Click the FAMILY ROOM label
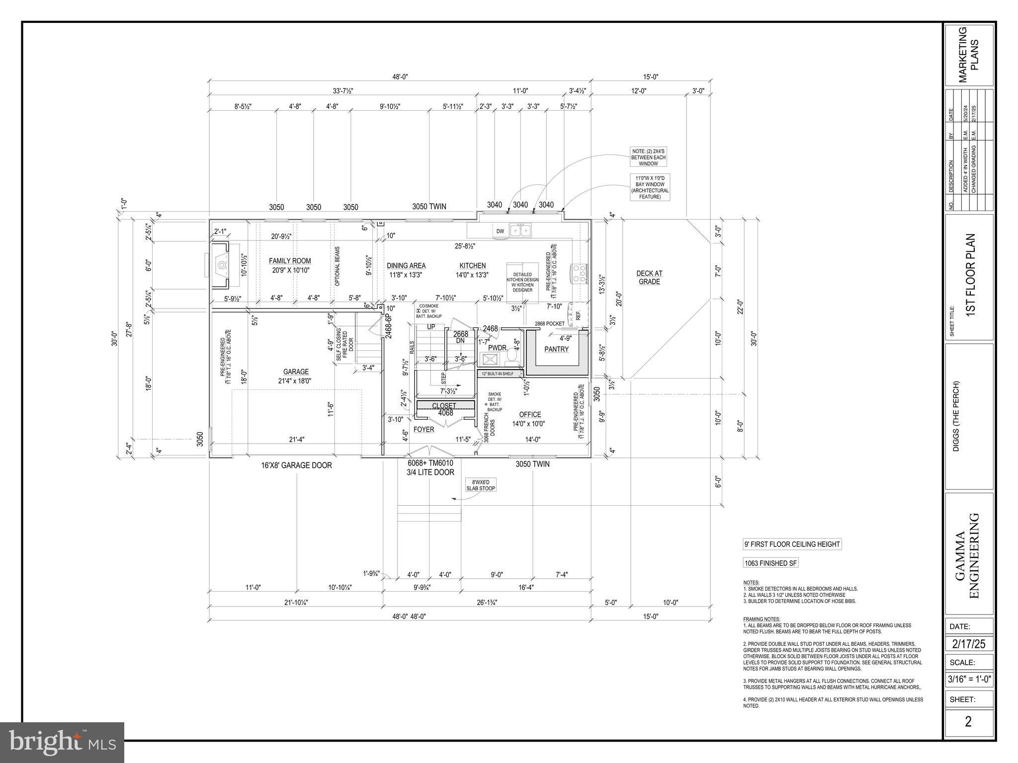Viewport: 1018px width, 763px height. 290,261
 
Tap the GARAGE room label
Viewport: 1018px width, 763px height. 296,372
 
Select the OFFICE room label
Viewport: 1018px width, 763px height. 530,414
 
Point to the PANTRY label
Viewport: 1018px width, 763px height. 556,349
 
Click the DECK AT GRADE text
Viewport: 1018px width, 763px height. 649,277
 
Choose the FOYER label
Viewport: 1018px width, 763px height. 424,429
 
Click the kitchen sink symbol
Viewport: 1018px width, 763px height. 521,230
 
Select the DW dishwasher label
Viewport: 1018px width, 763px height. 500,231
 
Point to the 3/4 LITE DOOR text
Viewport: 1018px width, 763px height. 430,472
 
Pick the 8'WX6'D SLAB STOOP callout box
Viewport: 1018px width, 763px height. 481,485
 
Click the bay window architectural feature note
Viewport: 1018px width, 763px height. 650,187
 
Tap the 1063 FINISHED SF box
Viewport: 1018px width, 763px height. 770,563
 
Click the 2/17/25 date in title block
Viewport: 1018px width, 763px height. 969,644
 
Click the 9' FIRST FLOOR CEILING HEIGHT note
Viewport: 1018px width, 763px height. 792,544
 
